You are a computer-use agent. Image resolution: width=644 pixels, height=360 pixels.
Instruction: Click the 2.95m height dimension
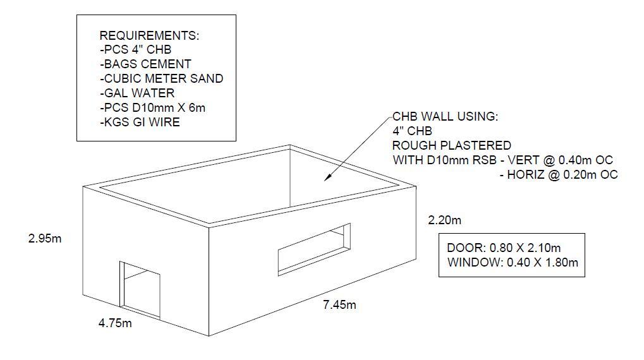[x=46, y=239]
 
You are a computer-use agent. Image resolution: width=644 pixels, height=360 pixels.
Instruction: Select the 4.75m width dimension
[x=115, y=323]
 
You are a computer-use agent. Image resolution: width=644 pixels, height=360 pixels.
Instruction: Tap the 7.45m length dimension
[x=339, y=305]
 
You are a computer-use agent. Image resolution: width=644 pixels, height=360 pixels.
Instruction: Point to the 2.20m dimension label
[x=444, y=220]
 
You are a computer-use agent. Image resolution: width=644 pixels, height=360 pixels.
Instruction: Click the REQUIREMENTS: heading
[x=149, y=35]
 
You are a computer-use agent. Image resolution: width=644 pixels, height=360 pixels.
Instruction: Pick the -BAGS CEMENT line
[x=145, y=64]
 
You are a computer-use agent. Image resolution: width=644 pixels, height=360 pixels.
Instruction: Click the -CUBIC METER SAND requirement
[x=161, y=79]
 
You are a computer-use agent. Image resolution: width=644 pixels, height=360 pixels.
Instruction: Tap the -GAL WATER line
[x=137, y=93]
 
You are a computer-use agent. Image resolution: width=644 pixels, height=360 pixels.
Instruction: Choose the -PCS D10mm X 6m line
[x=152, y=108]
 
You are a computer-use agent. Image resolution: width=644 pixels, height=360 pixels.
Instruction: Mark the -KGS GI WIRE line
[x=140, y=123]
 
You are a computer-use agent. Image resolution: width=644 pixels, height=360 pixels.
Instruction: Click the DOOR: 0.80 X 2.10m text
[x=504, y=248]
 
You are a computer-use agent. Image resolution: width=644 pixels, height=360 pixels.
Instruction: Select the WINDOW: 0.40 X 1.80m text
[x=512, y=262]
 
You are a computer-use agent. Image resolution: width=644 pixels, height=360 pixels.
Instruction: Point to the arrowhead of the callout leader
[x=328, y=179]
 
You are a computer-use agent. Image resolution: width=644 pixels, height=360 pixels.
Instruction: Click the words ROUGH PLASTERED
[x=452, y=145]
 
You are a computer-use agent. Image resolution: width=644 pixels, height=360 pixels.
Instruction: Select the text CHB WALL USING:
[x=445, y=117]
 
